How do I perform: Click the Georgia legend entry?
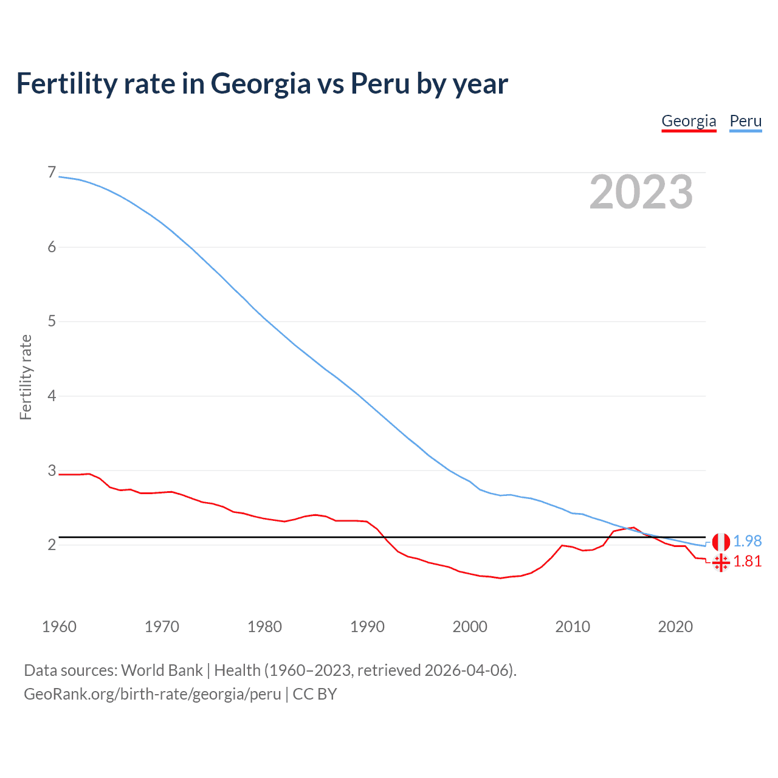(x=689, y=121)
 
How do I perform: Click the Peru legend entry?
(x=745, y=121)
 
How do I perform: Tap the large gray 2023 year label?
(x=641, y=192)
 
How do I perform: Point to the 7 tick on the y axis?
(x=52, y=173)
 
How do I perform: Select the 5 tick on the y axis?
(x=52, y=321)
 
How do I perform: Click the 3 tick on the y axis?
(x=52, y=470)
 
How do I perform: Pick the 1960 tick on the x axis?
(x=59, y=627)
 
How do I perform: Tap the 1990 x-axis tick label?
(x=367, y=627)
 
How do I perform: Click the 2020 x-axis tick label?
(x=675, y=627)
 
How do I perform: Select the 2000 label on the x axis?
(x=470, y=627)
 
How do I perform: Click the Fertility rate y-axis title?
(x=26, y=377)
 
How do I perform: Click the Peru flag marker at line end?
(x=721, y=542)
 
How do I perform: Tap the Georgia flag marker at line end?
(x=721, y=563)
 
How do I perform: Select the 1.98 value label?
(x=747, y=541)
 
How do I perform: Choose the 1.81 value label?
(x=747, y=561)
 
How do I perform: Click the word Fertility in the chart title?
(x=66, y=83)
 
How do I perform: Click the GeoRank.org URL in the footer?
(x=152, y=694)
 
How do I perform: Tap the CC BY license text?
(x=315, y=694)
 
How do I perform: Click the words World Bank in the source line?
(x=162, y=670)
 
